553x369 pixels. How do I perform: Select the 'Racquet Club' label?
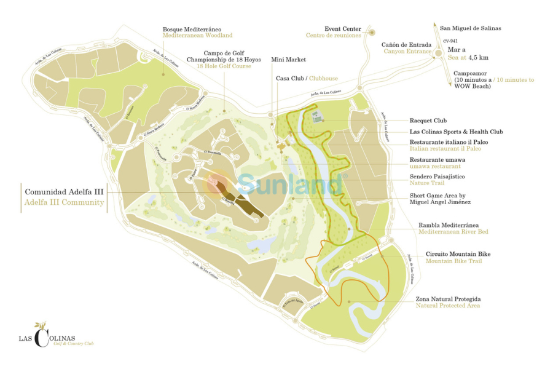[428, 121]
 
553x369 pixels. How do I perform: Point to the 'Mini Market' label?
[288, 60]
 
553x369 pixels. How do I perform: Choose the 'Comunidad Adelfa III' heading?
[64, 192]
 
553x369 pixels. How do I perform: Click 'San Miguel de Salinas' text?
[471, 28]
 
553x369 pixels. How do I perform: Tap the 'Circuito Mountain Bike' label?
[458, 254]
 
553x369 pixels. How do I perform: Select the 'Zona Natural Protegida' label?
[448, 298]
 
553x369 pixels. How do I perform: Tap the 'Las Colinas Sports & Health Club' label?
[457, 132]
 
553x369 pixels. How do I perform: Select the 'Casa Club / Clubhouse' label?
[307, 79]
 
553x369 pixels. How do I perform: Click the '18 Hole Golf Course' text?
[224, 66]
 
